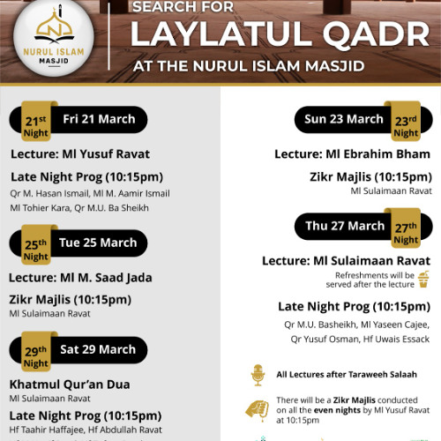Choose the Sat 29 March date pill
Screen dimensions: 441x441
[x=98, y=349]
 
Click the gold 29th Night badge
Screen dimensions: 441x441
[x=36, y=354]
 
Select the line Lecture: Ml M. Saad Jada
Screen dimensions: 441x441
[x=80, y=278]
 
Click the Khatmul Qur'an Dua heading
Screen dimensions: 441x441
[x=70, y=385]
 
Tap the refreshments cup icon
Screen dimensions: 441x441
[x=423, y=280]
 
